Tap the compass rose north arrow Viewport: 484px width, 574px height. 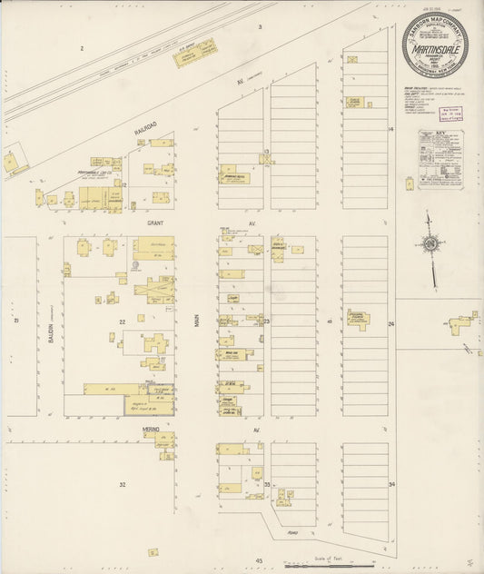click(429, 244)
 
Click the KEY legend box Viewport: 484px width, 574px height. click(440, 158)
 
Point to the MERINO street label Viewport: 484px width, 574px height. click(150, 429)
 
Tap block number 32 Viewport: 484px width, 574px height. click(123, 485)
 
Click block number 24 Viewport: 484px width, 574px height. click(391, 323)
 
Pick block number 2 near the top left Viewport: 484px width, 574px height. click(81, 47)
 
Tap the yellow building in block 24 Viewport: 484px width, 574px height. click(358, 318)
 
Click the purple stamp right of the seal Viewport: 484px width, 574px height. click(448, 113)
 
